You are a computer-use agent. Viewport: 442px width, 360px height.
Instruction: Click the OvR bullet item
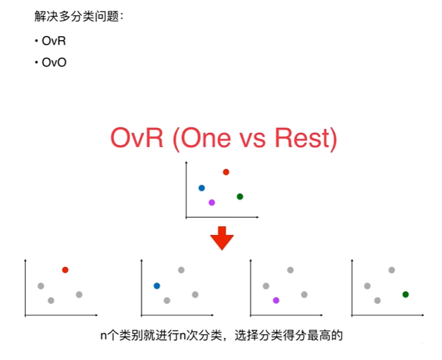coord(54,42)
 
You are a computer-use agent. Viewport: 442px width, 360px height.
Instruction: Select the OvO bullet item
coord(54,62)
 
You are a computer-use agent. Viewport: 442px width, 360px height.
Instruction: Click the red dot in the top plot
coord(226,172)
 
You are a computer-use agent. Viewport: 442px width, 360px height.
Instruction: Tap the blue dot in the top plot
coord(201,188)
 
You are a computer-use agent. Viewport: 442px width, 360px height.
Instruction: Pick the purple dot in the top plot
coord(211,202)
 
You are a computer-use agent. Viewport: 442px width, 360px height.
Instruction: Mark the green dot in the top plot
coord(240,197)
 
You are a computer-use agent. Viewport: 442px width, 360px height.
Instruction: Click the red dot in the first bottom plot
coord(65,270)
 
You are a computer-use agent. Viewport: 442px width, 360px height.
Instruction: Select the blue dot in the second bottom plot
coord(157,286)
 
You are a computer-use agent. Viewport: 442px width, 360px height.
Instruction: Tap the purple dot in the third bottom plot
coord(276,301)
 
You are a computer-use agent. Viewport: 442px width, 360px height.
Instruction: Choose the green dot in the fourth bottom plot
coord(405,294)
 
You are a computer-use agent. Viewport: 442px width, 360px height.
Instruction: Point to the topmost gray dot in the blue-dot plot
coord(181,270)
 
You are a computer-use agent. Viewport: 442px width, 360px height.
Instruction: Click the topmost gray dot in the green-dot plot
coord(391,270)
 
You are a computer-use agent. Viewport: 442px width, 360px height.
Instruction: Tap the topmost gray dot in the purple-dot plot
coord(290,270)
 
